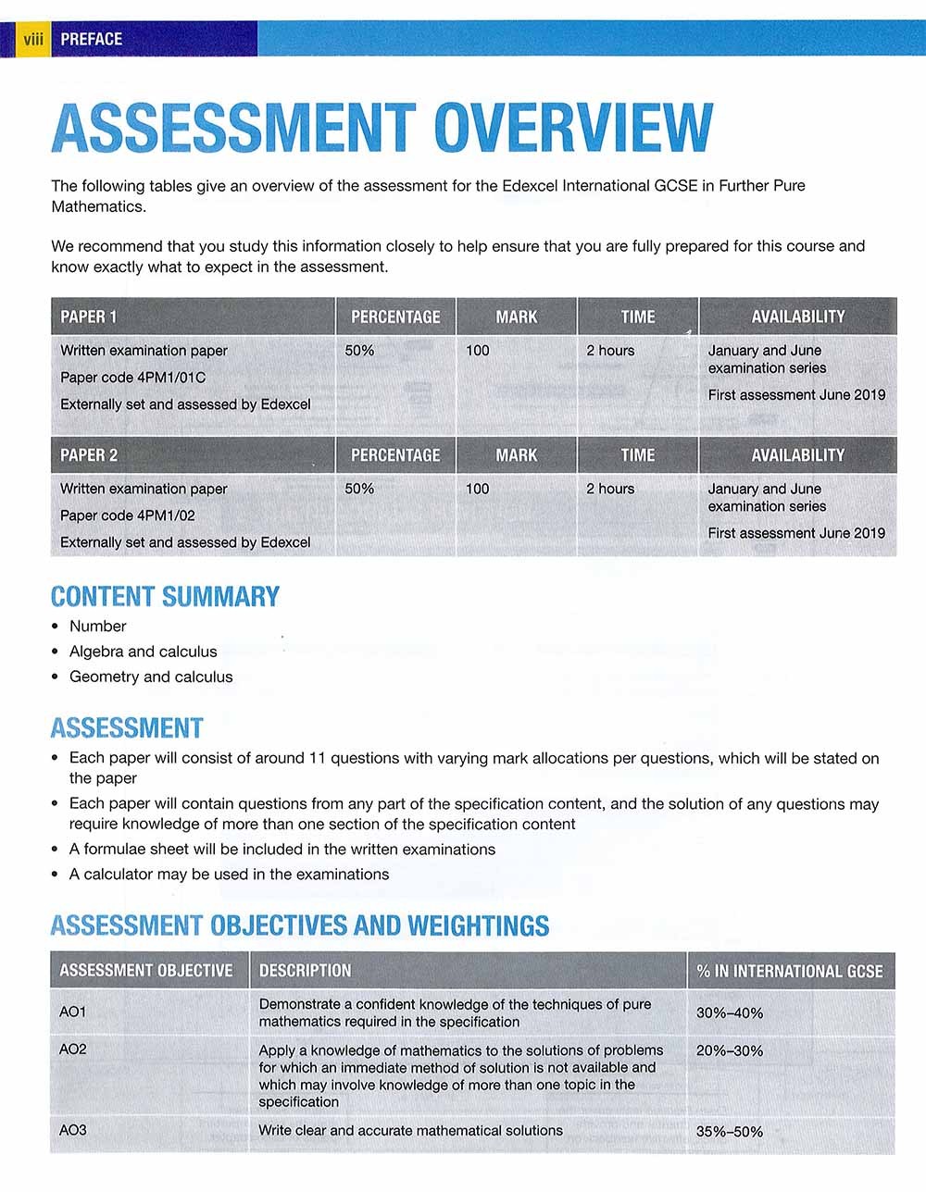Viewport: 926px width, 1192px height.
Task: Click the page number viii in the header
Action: [33, 39]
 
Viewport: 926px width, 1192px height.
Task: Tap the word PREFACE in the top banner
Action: [91, 39]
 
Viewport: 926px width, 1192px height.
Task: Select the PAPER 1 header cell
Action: [89, 317]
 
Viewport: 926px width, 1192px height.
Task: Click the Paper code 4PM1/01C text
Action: [132, 378]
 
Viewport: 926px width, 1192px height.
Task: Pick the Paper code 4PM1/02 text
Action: [128, 515]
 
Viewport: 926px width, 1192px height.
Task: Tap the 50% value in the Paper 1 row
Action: [359, 351]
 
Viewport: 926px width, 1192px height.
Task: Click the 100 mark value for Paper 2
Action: [477, 489]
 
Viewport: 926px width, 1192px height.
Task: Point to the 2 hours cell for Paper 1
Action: [610, 351]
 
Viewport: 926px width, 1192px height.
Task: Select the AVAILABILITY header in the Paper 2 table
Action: [797, 455]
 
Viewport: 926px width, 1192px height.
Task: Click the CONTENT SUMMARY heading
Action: [165, 597]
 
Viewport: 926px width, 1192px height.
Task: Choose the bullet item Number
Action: [97, 627]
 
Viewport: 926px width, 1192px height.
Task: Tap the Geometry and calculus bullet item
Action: [151, 677]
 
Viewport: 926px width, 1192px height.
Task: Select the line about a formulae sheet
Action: [282, 850]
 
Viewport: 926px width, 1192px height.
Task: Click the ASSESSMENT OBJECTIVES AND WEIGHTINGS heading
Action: [300, 925]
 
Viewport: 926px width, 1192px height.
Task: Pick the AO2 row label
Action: [73, 1049]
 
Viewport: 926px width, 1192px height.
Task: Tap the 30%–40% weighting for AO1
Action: [730, 1013]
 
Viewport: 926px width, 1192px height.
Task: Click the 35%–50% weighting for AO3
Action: [730, 1132]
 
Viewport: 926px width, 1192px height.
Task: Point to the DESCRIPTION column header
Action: [305, 971]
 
